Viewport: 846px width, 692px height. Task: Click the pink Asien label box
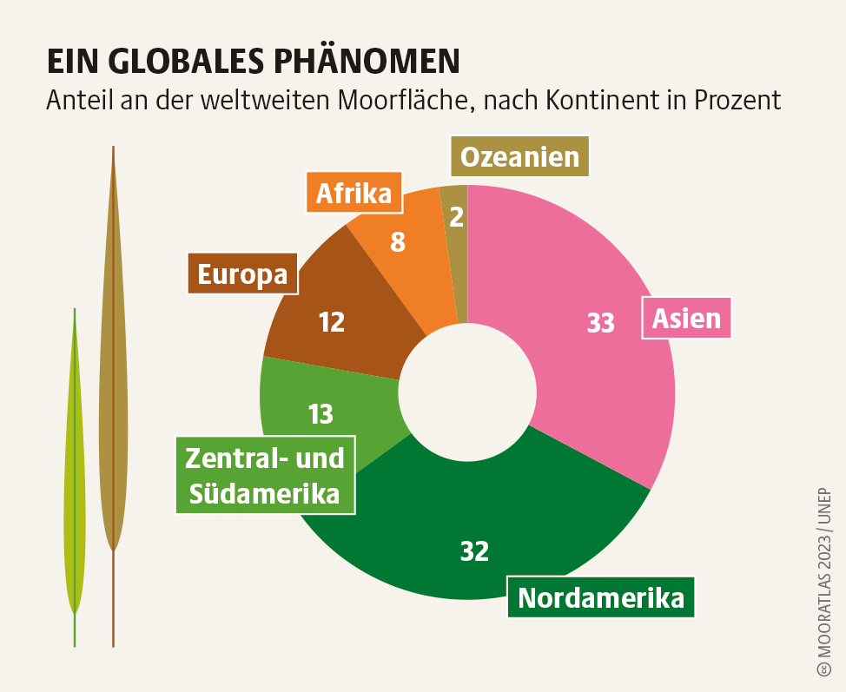click(686, 318)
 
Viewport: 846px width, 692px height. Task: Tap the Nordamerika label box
click(600, 597)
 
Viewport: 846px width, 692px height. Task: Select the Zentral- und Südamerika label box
click(266, 475)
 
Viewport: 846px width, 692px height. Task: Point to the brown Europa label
click(242, 274)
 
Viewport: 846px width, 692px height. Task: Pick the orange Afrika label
click(354, 193)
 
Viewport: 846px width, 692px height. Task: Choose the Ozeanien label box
click(519, 156)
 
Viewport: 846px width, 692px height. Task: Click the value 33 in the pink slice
click(600, 323)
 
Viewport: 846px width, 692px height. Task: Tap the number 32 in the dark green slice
click(474, 550)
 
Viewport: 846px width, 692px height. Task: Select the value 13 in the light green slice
click(321, 414)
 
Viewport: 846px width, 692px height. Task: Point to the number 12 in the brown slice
click(332, 322)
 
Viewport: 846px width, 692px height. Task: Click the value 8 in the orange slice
click(397, 241)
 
